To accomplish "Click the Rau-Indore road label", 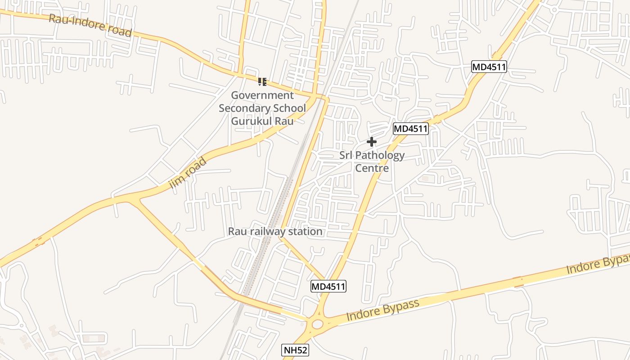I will click(90, 25).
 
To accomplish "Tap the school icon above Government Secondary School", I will click(262, 81).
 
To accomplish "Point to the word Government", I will click(262, 95).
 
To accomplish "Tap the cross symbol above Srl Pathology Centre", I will click(371, 142).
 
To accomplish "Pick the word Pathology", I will click(380, 156).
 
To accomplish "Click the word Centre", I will click(372, 168).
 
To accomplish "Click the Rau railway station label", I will click(275, 232).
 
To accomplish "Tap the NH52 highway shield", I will click(296, 350).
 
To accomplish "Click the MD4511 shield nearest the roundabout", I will click(328, 286).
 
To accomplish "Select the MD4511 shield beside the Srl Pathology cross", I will click(410, 129).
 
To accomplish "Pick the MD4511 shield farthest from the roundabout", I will click(489, 67).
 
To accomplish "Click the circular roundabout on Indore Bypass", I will click(317, 324).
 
